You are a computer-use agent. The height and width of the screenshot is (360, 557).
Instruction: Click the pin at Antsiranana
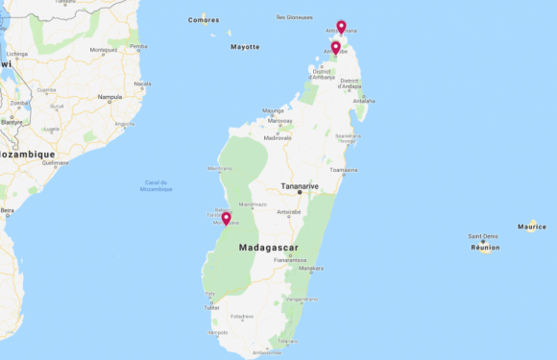click(341, 26)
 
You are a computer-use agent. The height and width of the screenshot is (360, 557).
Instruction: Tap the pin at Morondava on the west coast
click(226, 218)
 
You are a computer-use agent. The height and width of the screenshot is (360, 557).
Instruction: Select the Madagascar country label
click(268, 247)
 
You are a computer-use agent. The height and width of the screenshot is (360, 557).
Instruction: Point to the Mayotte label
click(245, 46)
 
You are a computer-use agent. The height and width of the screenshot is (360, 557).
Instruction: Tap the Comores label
click(204, 19)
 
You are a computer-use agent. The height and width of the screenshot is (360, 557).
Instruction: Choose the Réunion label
click(485, 247)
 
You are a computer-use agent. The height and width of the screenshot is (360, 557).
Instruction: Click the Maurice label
click(531, 227)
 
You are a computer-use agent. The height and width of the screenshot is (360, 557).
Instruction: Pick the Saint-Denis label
click(482, 236)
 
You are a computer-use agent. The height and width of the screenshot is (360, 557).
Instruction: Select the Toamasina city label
click(343, 170)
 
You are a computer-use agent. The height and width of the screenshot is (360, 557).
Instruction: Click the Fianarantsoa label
click(288, 259)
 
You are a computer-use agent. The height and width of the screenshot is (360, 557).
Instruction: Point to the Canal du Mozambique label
click(157, 185)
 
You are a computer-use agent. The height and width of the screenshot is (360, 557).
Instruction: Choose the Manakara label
click(311, 268)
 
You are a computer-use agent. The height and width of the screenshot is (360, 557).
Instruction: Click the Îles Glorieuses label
click(294, 16)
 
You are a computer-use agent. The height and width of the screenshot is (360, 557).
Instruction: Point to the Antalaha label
click(363, 101)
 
